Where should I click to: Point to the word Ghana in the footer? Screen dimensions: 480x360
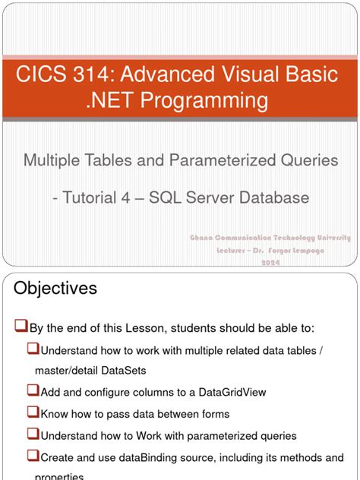click(x=204, y=238)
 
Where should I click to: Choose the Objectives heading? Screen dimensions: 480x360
click(x=56, y=289)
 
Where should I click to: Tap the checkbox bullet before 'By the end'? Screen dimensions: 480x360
click(x=21, y=327)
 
